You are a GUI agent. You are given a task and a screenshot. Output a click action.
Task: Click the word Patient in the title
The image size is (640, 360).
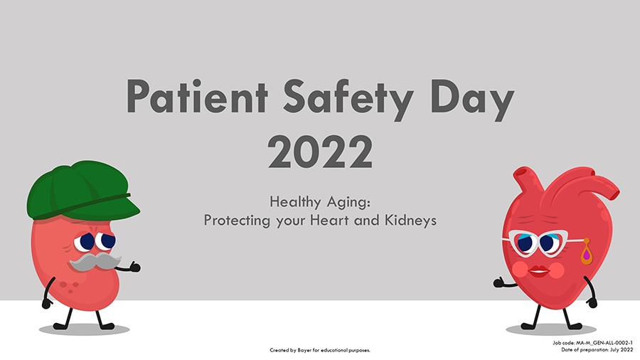[x=197, y=97]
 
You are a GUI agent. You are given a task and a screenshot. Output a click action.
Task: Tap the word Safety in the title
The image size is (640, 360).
[x=348, y=100]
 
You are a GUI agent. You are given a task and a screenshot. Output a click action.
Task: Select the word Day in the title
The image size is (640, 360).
[x=472, y=100]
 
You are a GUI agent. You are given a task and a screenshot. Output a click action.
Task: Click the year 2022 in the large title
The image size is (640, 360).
[x=320, y=152]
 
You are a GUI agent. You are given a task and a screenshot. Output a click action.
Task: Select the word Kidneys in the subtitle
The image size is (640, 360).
[x=410, y=221]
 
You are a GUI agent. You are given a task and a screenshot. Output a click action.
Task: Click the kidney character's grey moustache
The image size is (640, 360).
[x=95, y=262]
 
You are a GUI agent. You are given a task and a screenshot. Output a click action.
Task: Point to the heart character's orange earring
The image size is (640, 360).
[x=587, y=252]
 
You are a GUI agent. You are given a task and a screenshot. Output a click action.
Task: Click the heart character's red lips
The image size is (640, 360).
[x=539, y=271]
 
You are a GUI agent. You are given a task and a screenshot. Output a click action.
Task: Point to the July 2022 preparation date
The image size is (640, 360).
[x=622, y=350]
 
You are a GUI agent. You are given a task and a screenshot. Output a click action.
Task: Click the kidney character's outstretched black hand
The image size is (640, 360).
[x=134, y=268]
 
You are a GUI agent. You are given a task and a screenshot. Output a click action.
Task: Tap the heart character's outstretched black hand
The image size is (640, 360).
[x=499, y=282]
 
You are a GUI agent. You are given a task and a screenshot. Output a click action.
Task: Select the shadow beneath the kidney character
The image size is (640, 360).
[x=84, y=329]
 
